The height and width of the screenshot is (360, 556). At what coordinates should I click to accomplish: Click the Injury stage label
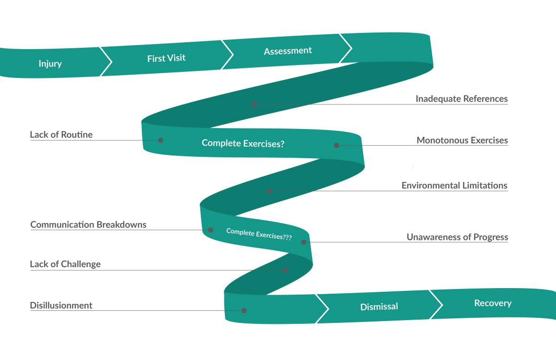click(50, 64)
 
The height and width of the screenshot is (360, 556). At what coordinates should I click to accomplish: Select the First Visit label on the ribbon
click(166, 58)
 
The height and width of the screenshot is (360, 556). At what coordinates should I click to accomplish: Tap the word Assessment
click(288, 51)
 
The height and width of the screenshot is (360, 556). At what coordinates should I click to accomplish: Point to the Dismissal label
click(379, 307)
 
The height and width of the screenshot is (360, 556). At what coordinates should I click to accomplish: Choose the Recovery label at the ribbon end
click(492, 303)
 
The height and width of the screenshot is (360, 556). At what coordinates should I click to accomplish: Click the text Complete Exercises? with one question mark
click(243, 143)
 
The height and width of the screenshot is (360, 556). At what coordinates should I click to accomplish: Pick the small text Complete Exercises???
click(259, 234)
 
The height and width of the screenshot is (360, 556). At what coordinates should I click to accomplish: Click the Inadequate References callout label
click(461, 99)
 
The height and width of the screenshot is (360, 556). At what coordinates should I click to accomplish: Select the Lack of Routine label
click(61, 135)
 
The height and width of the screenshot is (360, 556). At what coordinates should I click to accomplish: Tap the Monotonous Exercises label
click(462, 140)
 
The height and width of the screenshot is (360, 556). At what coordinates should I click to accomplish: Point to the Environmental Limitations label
click(454, 186)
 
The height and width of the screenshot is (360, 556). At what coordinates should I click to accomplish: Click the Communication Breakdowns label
click(88, 225)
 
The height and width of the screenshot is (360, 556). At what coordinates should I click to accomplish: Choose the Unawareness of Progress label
click(457, 237)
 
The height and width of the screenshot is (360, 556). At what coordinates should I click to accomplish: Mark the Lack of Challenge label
click(65, 264)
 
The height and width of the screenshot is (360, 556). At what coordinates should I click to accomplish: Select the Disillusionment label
click(61, 306)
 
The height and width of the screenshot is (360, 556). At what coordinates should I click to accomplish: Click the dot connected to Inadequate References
click(254, 104)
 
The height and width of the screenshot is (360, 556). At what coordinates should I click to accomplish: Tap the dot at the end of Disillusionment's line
click(244, 310)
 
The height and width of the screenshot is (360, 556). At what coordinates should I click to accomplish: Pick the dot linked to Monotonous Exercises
click(337, 145)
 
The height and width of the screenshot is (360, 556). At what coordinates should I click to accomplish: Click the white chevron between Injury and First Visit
click(106, 61)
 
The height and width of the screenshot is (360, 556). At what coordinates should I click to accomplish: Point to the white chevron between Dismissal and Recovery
click(436, 305)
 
